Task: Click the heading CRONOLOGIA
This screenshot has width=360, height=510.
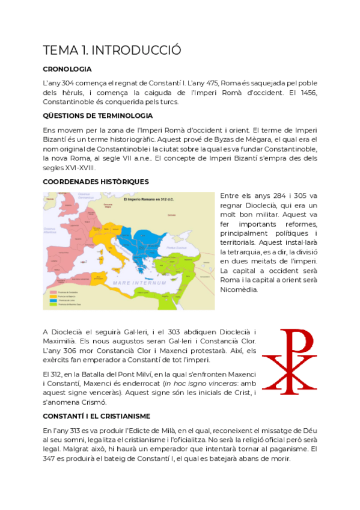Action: pos(67,69)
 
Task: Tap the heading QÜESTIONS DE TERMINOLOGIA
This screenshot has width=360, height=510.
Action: pos(98,115)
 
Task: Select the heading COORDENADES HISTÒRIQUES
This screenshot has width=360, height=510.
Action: pos(96,182)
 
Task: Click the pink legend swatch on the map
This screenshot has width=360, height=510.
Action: pos(53,292)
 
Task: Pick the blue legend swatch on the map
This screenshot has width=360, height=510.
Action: pos(53,300)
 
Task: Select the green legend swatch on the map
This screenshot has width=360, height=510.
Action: pos(53,304)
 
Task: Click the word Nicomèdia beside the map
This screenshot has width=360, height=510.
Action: pos(239,289)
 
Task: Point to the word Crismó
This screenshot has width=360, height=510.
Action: pos(91,402)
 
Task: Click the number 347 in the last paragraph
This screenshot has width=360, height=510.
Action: pos(52,458)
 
